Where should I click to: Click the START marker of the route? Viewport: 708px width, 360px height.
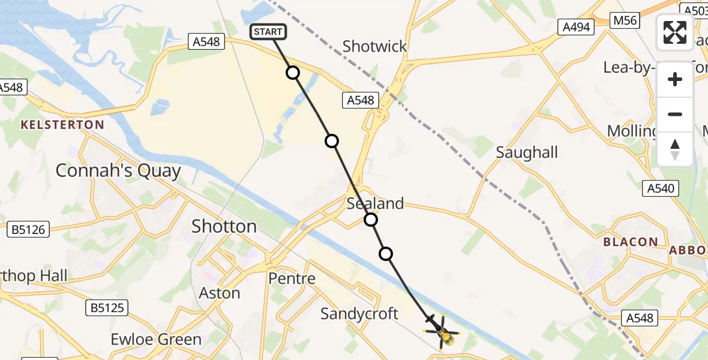268,32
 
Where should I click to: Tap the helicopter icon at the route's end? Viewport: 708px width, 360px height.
443,334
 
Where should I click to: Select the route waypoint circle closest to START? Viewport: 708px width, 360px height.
292,73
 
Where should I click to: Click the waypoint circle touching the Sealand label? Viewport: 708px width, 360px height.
371,220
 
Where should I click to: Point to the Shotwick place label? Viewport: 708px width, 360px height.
374,46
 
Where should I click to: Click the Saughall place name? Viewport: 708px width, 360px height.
527,152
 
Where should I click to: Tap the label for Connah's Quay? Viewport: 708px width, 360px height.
118,171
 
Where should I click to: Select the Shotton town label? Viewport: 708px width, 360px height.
224,226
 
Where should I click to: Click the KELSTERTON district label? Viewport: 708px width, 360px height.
62,125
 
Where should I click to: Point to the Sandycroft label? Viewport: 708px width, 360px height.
359,313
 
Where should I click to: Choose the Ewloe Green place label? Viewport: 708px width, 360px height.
156,340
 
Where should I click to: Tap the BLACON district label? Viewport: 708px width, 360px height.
631,242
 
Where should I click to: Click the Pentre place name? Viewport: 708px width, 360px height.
292,278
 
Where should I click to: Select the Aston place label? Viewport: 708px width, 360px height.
219,293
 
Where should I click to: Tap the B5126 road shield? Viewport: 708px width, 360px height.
28,229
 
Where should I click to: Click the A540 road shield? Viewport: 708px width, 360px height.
661,188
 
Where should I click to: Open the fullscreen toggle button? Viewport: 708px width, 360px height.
675,32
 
